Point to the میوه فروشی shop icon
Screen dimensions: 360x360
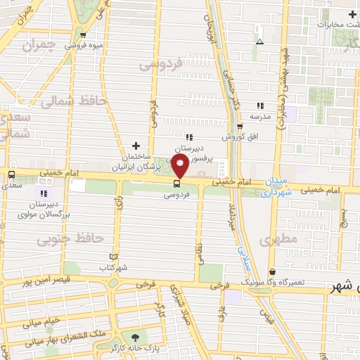tap(84, 34)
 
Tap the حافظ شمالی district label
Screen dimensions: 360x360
tap(72, 103)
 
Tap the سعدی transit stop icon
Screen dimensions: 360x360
tap(11, 174)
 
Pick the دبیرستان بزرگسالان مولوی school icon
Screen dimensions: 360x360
tap(44, 193)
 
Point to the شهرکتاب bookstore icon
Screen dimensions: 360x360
tap(115, 257)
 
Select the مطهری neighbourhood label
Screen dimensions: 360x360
tap(278, 239)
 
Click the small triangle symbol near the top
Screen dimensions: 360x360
tap(259, 41)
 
